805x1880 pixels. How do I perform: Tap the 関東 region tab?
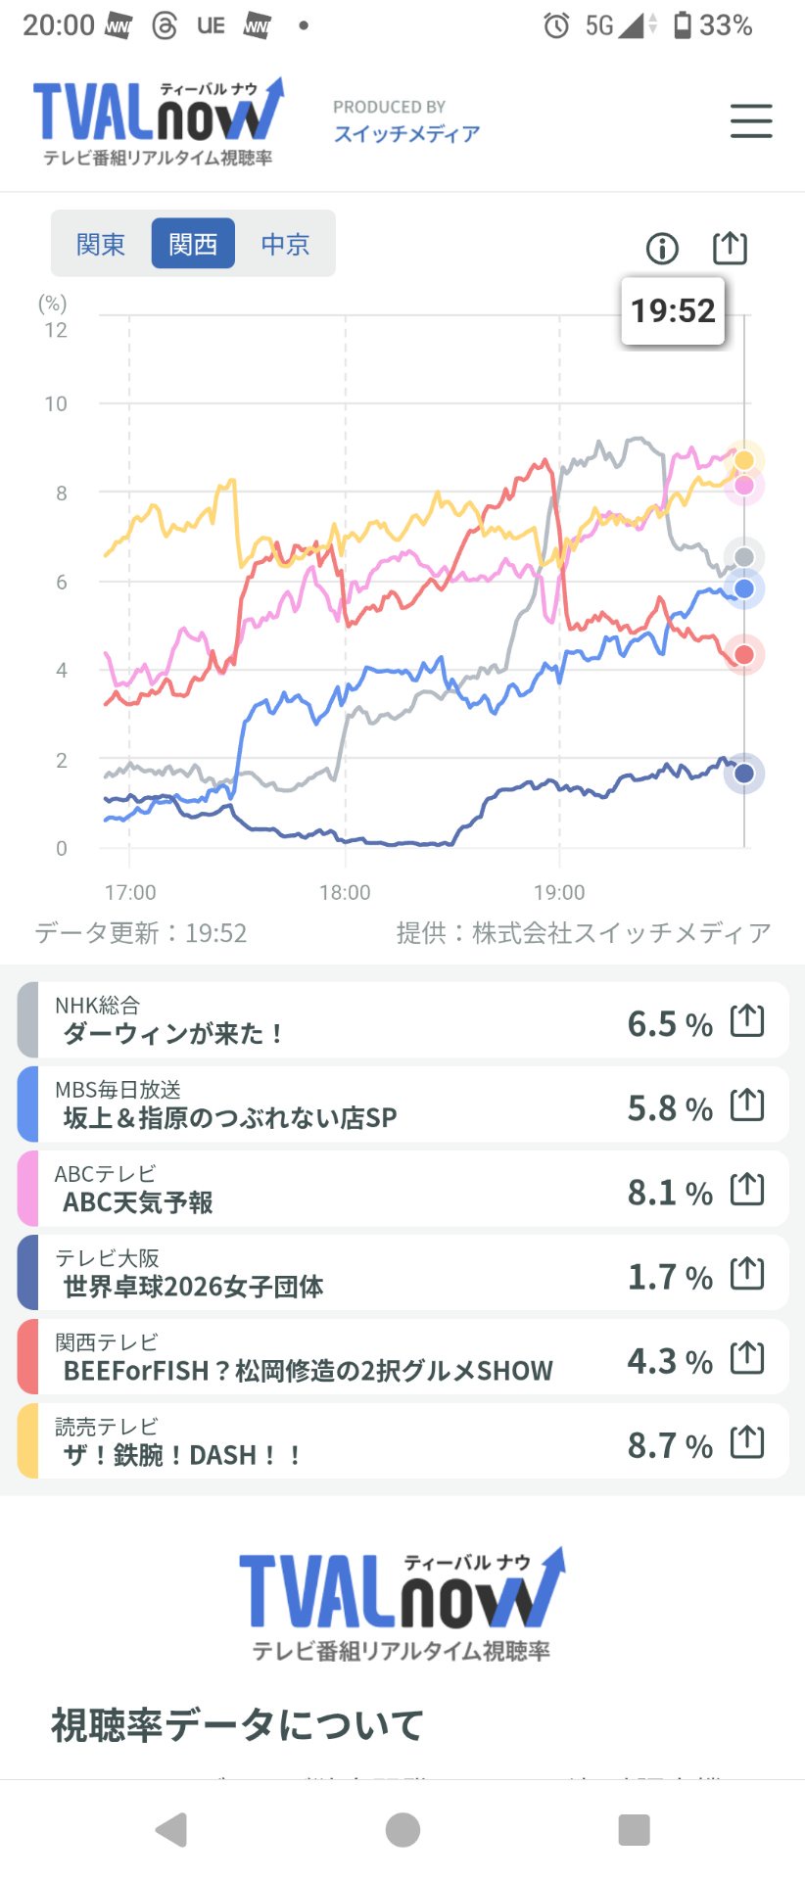coord(101,244)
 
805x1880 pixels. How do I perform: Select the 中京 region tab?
coord(285,244)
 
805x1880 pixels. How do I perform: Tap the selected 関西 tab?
coord(193,243)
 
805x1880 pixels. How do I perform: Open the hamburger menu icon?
coord(751,121)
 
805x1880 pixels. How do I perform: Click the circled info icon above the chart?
coord(662,249)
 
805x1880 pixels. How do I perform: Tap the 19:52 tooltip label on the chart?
coord(673,311)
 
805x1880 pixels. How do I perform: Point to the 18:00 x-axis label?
coord(345,892)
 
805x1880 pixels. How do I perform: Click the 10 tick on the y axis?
coord(56,403)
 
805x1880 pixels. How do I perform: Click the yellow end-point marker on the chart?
coord(744,460)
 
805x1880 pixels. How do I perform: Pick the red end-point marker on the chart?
coord(744,655)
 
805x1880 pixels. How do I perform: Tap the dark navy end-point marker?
coord(744,774)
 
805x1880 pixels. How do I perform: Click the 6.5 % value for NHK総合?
coord(670,1024)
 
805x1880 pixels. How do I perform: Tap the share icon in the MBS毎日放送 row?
coord(747,1104)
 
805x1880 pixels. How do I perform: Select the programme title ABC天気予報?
coord(138,1202)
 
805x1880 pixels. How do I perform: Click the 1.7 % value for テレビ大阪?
coord(670,1277)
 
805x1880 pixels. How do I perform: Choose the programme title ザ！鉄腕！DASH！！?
coord(182,1455)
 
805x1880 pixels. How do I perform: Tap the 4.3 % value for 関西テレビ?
coord(670,1361)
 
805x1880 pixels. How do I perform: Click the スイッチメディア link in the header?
coord(406,133)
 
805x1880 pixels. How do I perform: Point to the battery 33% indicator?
coord(713,25)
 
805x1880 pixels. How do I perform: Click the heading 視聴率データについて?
coord(237,1724)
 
